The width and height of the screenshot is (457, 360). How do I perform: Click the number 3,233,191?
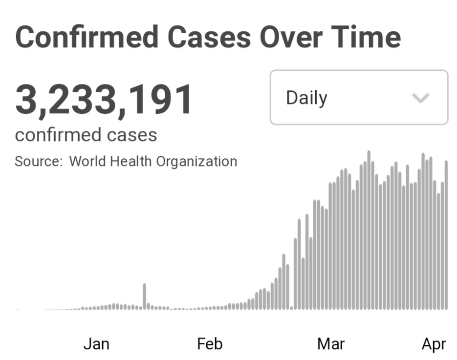(x=104, y=100)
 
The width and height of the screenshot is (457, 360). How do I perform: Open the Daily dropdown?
(x=359, y=97)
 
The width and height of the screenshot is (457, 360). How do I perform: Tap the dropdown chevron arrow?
(x=420, y=98)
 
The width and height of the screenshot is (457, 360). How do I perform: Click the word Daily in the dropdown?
(x=306, y=98)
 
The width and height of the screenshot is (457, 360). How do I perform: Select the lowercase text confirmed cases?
(x=86, y=135)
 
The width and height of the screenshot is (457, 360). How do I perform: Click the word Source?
(x=39, y=161)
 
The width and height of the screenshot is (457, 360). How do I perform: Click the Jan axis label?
(x=96, y=344)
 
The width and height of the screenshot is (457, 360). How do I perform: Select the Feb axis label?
(x=210, y=344)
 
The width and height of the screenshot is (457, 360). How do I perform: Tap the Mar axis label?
(x=331, y=344)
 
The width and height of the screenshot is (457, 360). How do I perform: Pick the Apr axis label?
(x=434, y=344)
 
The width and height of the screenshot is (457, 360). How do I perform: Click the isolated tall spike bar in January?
(x=144, y=296)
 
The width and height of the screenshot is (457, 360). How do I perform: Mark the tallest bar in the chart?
(x=369, y=230)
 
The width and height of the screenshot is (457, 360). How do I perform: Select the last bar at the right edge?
(x=446, y=234)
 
